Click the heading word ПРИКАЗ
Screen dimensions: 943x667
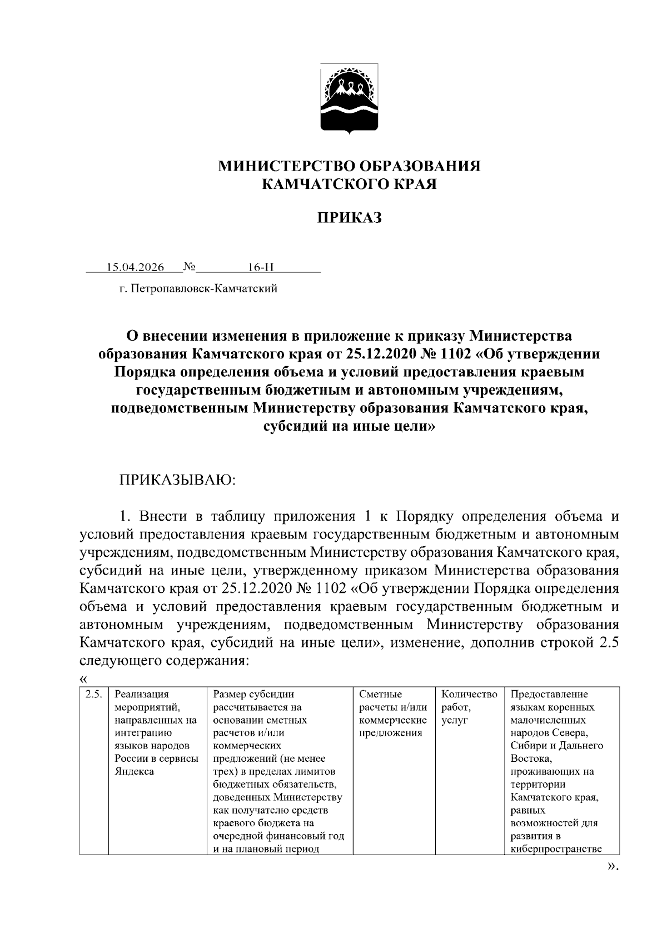349,218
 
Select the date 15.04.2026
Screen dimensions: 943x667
135,267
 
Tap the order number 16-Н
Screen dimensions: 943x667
261,267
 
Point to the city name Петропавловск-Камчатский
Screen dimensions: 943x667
204,289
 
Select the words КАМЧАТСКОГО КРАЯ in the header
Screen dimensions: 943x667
349,184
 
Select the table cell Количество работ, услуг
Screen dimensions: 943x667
469,707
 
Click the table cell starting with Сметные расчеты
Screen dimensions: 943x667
393,714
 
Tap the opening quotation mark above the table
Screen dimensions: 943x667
84,678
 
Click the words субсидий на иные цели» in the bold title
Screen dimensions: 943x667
349,427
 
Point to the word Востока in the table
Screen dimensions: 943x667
530,759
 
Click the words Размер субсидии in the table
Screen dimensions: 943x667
253,695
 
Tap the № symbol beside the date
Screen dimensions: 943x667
189,267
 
